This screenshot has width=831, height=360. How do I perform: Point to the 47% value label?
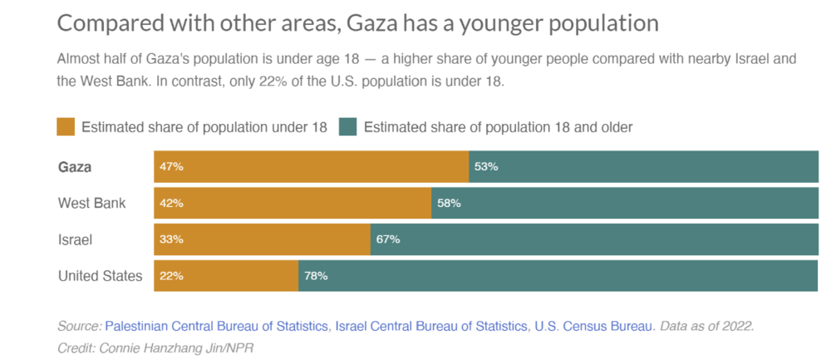point(172,166)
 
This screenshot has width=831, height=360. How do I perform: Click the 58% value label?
point(449,203)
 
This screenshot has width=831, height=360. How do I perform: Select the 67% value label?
point(388,239)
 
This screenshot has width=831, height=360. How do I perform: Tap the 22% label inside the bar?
point(172,276)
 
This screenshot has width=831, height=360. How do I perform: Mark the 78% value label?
point(316,276)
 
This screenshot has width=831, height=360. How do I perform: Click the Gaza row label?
point(75,166)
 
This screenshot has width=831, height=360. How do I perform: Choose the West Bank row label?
point(91,203)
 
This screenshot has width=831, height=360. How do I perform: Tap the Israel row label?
point(75,239)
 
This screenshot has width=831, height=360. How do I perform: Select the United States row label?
point(100,276)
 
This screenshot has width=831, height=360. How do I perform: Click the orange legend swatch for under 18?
point(66,127)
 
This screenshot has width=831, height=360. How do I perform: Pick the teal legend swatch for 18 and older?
point(348,127)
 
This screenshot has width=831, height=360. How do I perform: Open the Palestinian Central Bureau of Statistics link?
point(216,327)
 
